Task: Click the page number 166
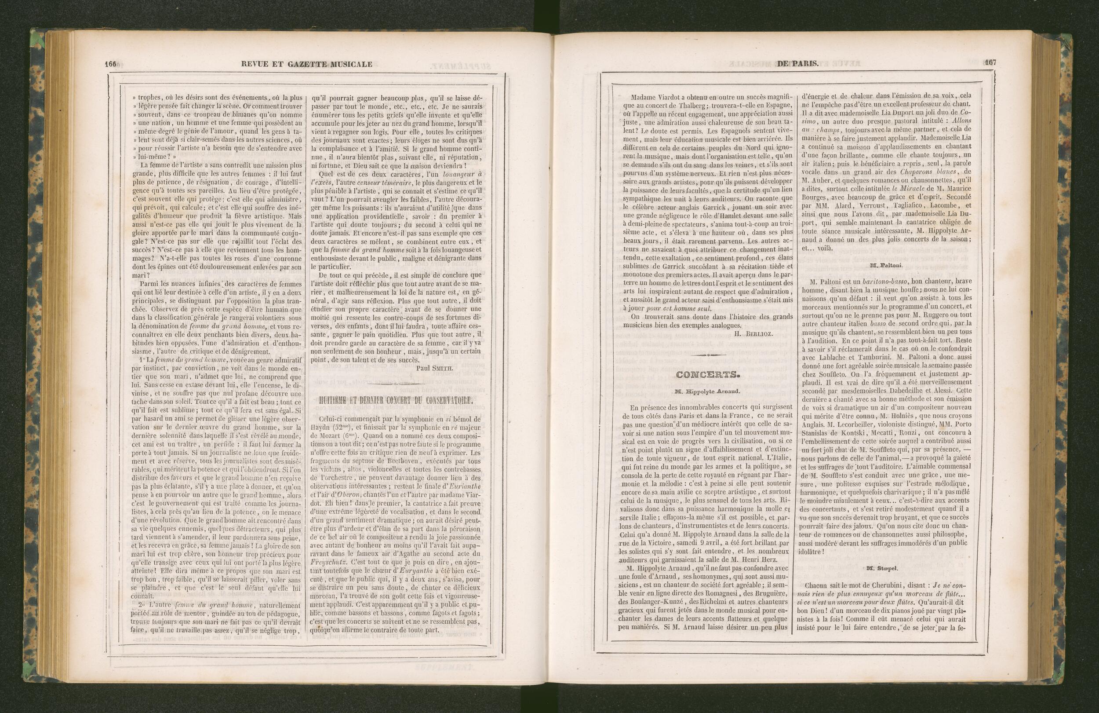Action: pyautogui.click(x=111, y=64)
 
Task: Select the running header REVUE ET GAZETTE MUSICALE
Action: pyautogui.click(x=306, y=64)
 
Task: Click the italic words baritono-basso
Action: pyautogui.click(x=873, y=282)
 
